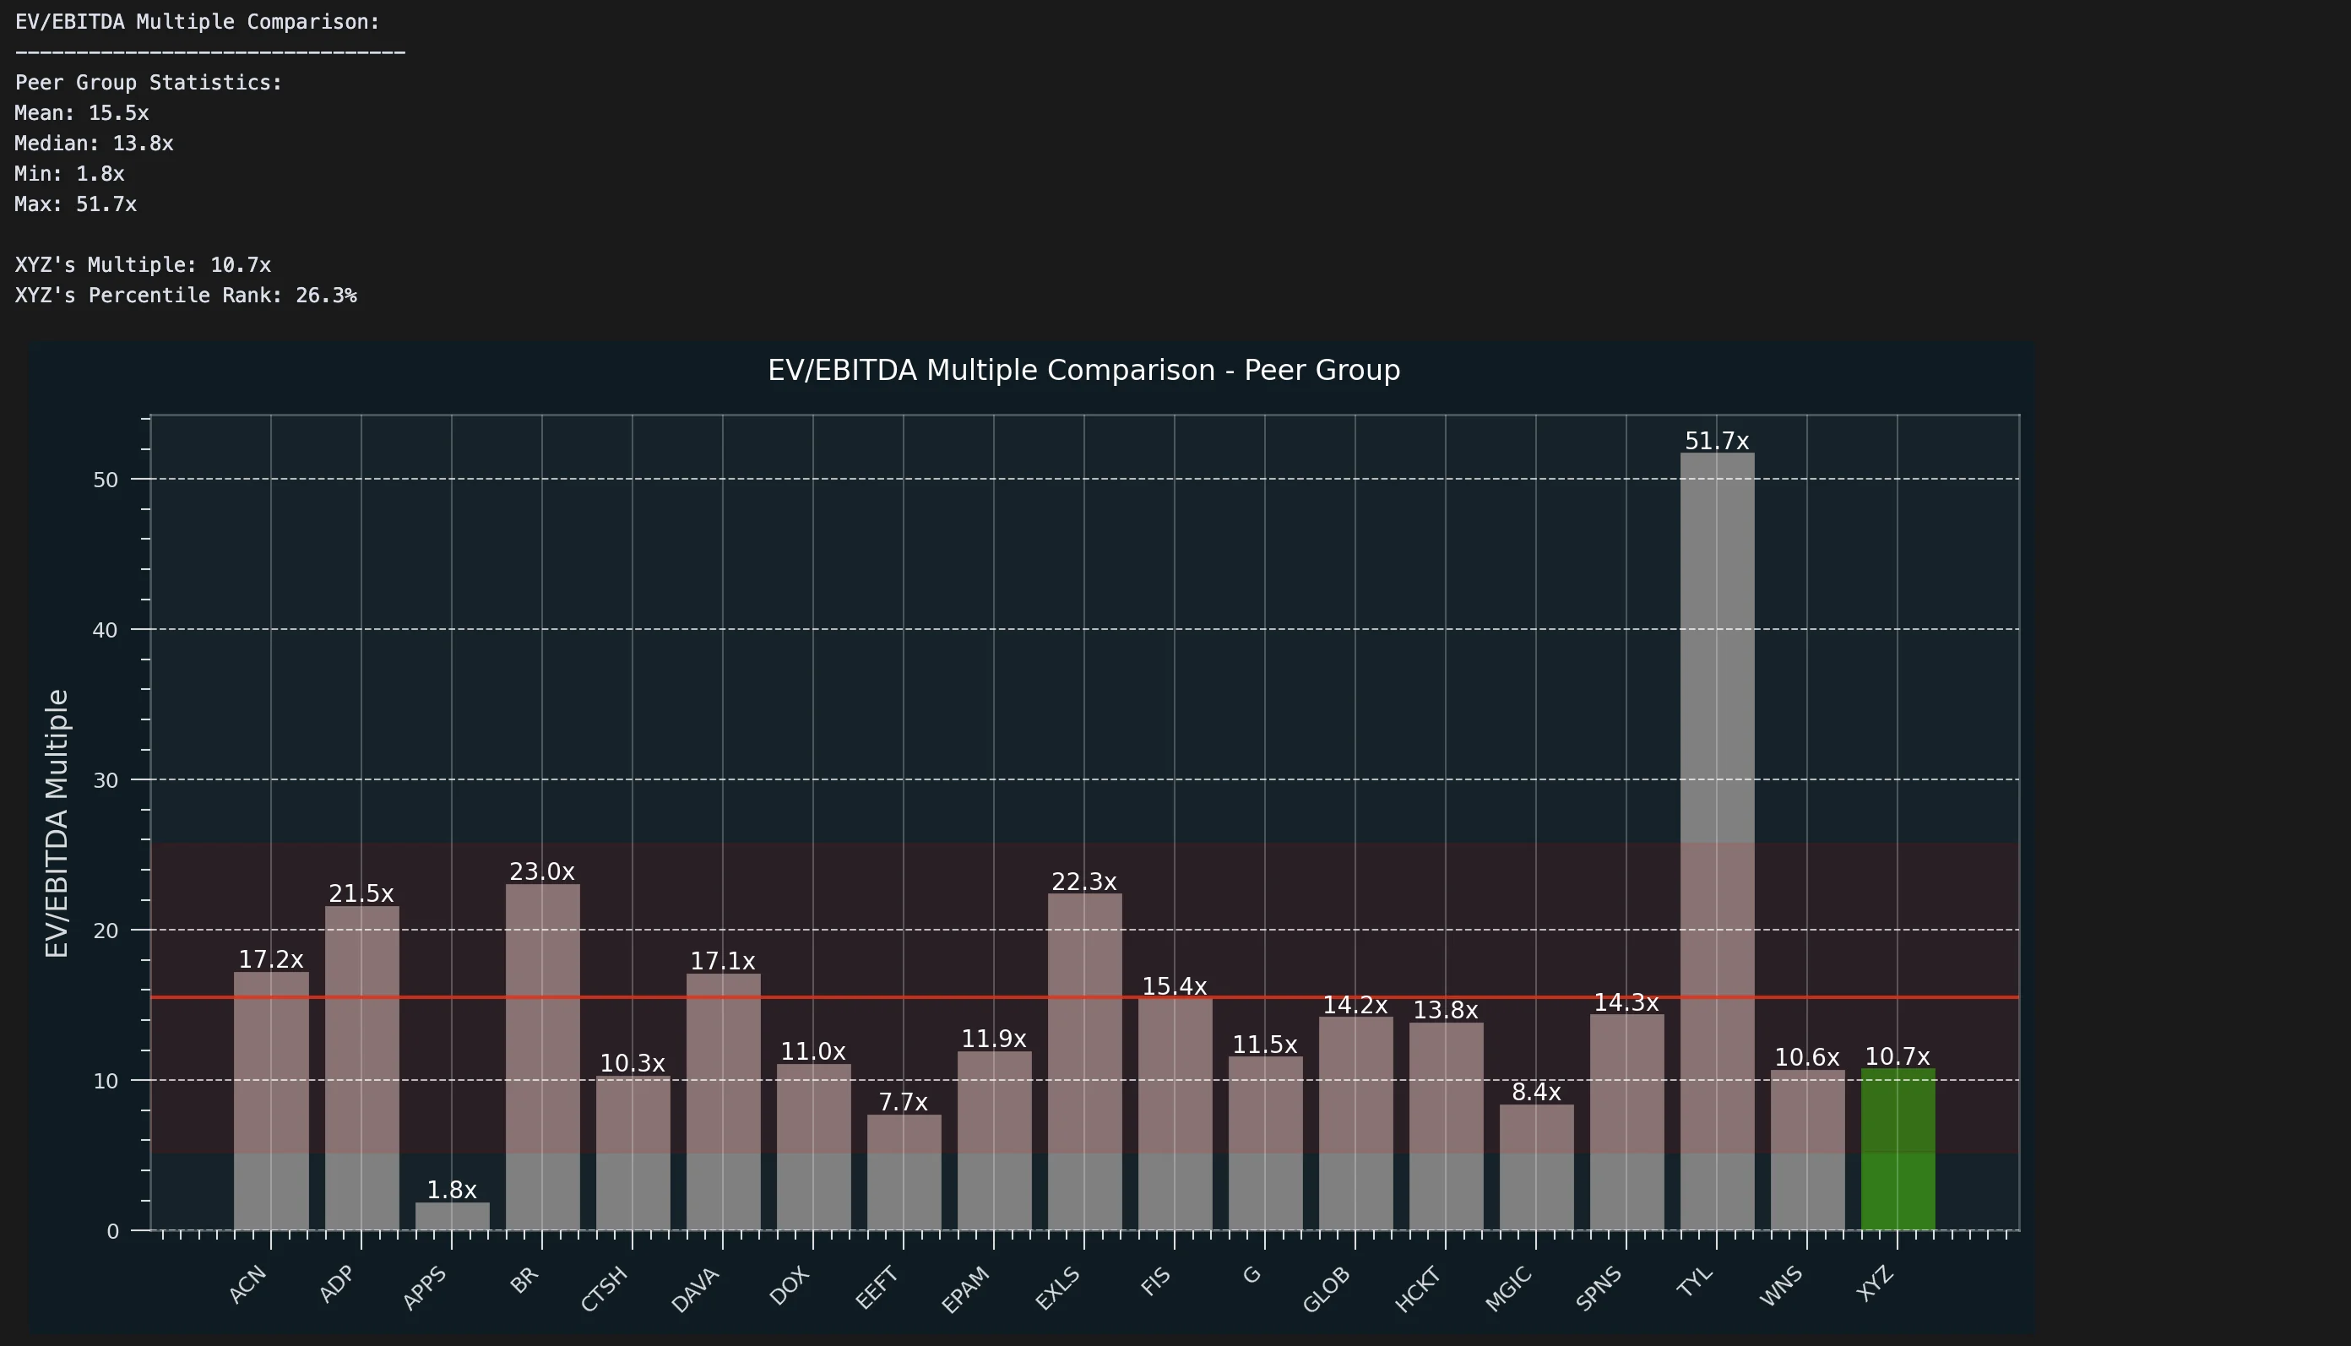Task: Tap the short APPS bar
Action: pyautogui.click(x=452, y=1216)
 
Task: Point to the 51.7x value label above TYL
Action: pyautogui.click(x=1717, y=441)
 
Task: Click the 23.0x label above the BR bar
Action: pyautogui.click(x=543, y=871)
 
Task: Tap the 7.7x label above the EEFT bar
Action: pyautogui.click(x=904, y=1102)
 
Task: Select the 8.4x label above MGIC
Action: pyautogui.click(x=1535, y=1092)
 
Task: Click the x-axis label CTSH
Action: pyautogui.click(x=605, y=1289)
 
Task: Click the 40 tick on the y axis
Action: pyautogui.click(x=106, y=631)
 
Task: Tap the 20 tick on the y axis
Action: pyautogui.click(x=106, y=931)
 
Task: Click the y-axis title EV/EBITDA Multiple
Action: pyautogui.click(x=57, y=822)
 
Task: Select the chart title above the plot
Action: pyautogui.click(x=1083, y=370)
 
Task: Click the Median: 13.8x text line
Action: pyautogui.click(x=95, y=144)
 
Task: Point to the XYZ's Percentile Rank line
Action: pyautogui.click(x=186, y=295)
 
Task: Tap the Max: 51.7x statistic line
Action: pyautogui.click(x=76, y=204)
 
